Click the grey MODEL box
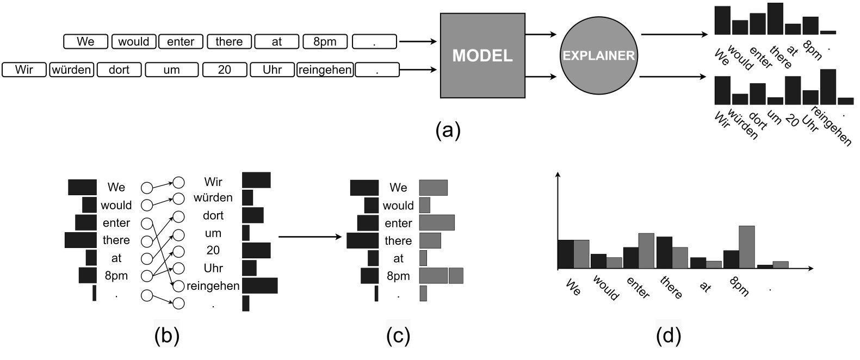coord(482,55)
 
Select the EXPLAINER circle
coord(598,55)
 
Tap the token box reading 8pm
coord(325,41)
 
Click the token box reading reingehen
coord(325,70)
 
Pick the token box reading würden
coord(72,70)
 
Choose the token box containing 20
coord(224,70)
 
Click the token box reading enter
coord(181,41)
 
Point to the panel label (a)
coord(448,131)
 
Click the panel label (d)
coord(668,336)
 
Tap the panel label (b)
coord(166,336)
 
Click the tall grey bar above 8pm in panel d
coord(747,247)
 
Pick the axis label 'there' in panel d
coord(670,288)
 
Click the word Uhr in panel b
coord(213,268)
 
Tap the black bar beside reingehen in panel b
coord(259,285)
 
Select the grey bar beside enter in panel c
coord(436,223)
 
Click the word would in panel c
coord(398,206)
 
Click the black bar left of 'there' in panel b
coord(81,240)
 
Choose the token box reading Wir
coord(24,70)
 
